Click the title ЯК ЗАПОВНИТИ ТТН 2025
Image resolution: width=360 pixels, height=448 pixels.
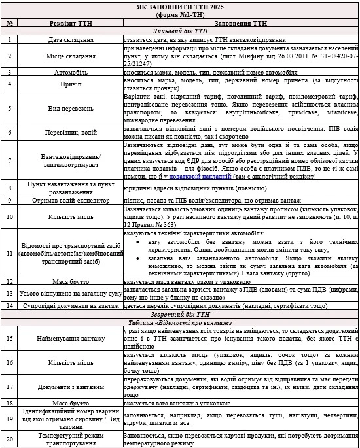179,5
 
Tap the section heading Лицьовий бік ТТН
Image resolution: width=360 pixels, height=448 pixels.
179,31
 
